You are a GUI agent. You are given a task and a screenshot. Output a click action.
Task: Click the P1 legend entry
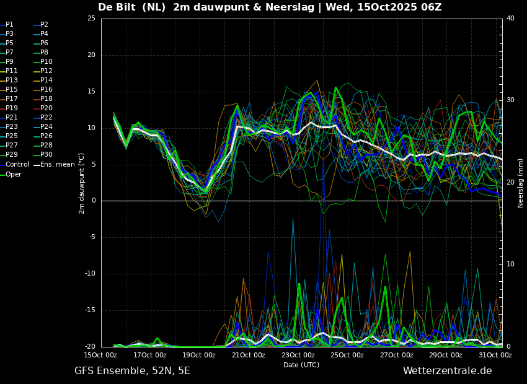pyautogui.click(x=7, y=25)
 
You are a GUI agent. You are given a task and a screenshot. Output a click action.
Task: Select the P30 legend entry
pyautogui.click(x=43, y=154)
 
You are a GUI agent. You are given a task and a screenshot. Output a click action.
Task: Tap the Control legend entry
pyautogui.click(x=14, y=165)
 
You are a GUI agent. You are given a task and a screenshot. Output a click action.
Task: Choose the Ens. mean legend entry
pyautogui.click(x=55, y=165)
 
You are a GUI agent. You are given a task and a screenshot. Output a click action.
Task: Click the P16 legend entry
pyautogui.click(x=43, y=90)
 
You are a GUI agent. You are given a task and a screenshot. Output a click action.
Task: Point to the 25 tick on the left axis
pyautogui.click(x=91, y=18)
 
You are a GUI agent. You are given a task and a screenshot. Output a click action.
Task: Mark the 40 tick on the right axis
pyautogui.click(x=510, y=18)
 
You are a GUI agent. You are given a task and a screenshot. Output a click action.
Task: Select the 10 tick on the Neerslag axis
pyautogui.click(x=510, y=264)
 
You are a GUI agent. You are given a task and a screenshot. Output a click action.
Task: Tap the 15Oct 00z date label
pyautogui.click(x=101, y=355)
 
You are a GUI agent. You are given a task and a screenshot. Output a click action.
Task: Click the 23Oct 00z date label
pyautogui.click(x=298, y=355)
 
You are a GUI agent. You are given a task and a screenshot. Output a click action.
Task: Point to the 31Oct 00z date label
pyautogui.click(x=496, y=355)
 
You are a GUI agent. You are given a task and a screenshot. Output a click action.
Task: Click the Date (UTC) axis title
pyautogui.click(x=301, y=365)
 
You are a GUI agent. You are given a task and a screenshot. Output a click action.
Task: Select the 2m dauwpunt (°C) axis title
pyautogui.click(x=82, y=183)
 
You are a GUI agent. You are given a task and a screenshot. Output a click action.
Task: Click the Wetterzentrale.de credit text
pyautogui.click(x=448, y=371)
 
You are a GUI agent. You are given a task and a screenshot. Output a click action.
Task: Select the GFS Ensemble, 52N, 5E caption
pyautogui.click(x=132, y=371)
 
